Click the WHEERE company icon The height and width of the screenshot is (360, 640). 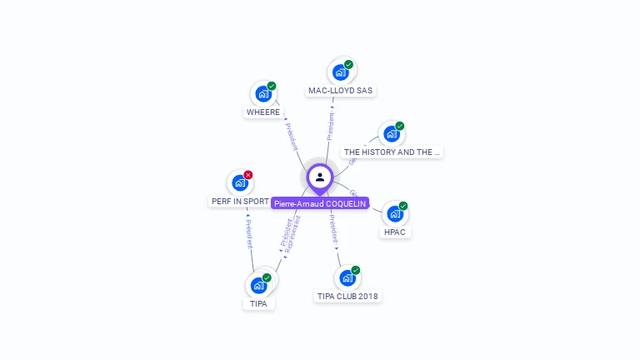click(263, 93)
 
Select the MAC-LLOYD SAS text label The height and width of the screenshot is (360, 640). click(341, 90)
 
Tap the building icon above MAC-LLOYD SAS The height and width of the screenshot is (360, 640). click(341, 72)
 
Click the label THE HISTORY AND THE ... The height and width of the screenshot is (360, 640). click(391, 152)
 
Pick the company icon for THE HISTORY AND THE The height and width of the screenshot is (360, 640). click(391, 134)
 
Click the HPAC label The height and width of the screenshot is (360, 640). click(395, 232)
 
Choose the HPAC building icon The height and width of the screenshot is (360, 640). click(395, 214)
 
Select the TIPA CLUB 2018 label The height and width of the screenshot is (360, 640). click(348, 296)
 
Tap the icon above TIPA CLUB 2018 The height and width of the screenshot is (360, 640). click(347, 277)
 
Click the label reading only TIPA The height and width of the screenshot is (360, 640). click(258, 304)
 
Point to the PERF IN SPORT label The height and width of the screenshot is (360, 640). click(240, 202)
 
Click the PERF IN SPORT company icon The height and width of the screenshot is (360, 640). click(240, 182)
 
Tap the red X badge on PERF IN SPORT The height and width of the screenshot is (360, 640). click(248, 175)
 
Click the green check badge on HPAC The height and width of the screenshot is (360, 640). click(403, 206)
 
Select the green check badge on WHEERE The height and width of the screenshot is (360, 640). click(272, 86)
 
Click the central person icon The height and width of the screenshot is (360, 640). click(320, 177)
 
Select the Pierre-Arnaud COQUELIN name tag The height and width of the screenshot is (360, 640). click(320, 203)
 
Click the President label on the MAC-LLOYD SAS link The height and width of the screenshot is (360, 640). click(330, 125)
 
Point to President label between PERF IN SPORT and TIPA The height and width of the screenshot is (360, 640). click(248, 234)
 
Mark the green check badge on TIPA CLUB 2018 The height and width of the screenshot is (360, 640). click(356, 270)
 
